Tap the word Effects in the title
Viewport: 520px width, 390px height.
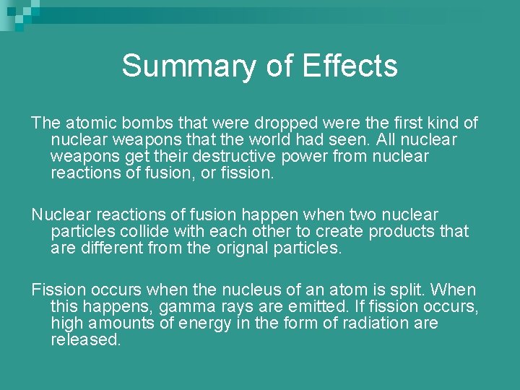pyautogui.click(x=350, y=66)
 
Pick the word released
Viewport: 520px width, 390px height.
pyautogui.click(x=86, y=340)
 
